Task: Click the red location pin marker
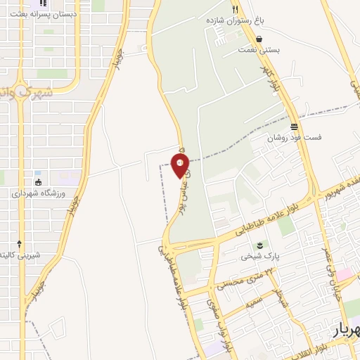(179, 166)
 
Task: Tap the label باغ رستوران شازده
(238, 21)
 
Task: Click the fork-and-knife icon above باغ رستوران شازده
(236, 10)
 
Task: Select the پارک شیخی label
(260, 257)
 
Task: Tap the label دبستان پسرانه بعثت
(50, 14)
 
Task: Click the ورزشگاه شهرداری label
(38, 193)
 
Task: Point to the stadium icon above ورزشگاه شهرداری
(38, 182)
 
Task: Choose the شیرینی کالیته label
(20, 255)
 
